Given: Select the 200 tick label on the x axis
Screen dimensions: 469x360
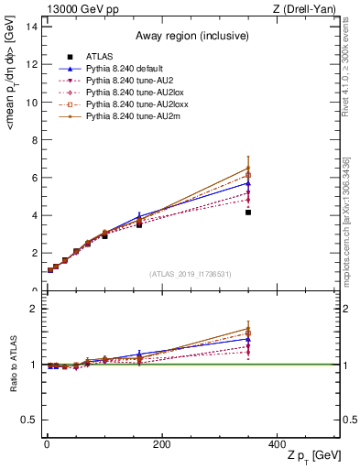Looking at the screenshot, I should [x=161, y=444].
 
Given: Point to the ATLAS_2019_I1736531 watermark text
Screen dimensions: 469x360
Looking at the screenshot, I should [x=191, y=274].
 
